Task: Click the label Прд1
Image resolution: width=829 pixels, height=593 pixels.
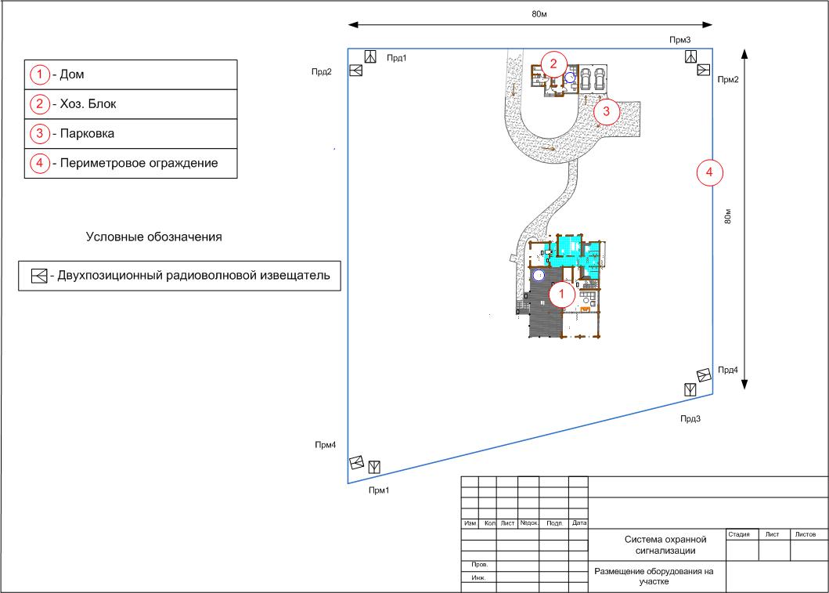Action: pos(397,58)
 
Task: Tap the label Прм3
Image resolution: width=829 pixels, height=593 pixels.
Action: pos(680,40)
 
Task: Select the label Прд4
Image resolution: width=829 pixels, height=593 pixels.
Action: pos(728,371)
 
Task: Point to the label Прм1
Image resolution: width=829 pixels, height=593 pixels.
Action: pos(379,490)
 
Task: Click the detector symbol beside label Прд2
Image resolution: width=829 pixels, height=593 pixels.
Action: pos(356,71)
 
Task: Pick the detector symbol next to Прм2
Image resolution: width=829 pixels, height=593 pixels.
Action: pos(703,70)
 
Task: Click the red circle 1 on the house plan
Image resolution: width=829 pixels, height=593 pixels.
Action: pos(561,294)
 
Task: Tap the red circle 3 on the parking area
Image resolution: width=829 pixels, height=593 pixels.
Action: pos(606,111)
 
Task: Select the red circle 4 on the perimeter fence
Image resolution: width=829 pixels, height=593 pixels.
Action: pos(709,172)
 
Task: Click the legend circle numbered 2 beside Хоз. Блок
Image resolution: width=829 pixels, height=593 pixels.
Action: pos(40,103)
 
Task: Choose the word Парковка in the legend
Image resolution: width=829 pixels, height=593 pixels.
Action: pos(87,133)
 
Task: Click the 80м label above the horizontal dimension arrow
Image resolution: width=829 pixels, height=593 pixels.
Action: pos(539,14)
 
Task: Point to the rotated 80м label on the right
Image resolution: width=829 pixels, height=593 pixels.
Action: pos(728,216)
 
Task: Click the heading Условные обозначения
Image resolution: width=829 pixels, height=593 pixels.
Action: pos(154,237)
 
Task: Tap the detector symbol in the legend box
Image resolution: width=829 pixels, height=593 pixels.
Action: pos(39,276)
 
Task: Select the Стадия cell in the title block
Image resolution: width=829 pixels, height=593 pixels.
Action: pos(739,534)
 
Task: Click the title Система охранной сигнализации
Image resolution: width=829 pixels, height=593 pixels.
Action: pos(665,545)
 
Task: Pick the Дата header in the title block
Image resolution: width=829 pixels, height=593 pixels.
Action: pos(579,522)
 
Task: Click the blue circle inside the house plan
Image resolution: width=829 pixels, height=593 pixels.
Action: pos(539,275)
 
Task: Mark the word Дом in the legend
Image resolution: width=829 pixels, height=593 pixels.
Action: pos(72,74)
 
